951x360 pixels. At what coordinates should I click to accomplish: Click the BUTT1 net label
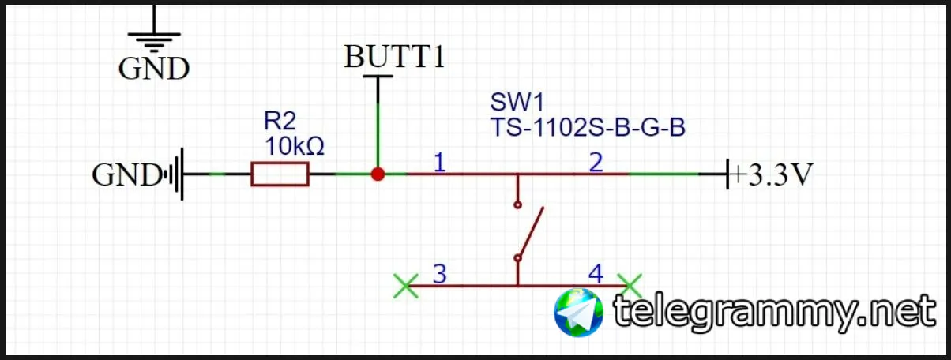395,57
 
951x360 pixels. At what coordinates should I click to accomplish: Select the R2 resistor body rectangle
280,174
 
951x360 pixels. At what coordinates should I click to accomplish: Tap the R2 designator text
280,121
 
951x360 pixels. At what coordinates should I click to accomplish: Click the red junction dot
378,174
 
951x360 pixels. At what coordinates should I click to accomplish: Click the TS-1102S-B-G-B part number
587,127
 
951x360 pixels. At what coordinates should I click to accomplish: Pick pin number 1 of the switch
439,163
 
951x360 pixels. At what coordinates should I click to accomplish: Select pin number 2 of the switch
596,163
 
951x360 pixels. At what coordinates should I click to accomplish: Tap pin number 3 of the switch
440,274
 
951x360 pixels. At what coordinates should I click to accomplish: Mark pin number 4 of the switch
596,274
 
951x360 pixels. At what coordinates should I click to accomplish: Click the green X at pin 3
406,285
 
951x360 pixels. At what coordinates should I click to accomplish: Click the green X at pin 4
630,285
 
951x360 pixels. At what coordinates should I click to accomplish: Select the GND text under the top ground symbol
154,69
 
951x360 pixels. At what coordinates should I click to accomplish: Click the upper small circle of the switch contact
517,204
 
